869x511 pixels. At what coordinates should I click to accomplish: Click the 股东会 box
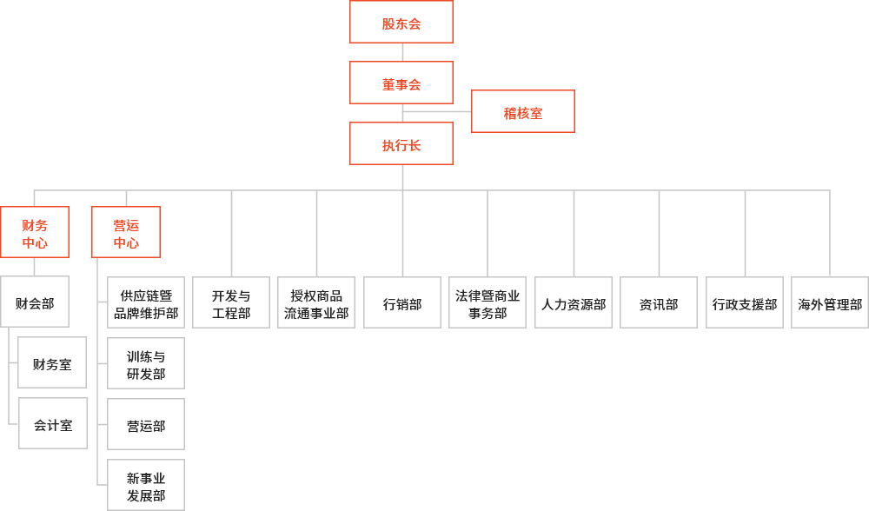point(401,22)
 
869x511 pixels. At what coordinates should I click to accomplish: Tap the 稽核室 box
point(523,111)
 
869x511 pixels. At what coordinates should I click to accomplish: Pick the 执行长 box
point(401,143)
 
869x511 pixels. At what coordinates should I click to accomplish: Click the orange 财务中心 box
point(35,232)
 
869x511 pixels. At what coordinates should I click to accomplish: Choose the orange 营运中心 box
point(126,232)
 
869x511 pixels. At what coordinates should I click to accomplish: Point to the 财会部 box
point(35,302)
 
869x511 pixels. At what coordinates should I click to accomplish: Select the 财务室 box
point(52,362)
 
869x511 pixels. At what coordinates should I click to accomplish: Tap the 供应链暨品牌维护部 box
point(146,302)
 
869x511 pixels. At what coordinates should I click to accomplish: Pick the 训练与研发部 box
point(146,363)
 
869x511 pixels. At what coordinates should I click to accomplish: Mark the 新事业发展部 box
point(146,485)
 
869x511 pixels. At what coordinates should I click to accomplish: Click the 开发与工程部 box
point(231,302)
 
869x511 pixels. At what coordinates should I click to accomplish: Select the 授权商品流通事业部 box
point(316,302)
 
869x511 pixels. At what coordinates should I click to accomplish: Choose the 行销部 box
point(402,302)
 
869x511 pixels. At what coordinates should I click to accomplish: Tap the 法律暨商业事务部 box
point(488,302)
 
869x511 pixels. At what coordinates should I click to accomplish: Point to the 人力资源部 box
point(574,302)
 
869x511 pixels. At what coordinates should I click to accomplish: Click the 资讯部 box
point(659,302)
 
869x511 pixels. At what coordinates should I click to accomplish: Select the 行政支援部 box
point(745,302)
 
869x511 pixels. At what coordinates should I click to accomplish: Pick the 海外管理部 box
point(830,302)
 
